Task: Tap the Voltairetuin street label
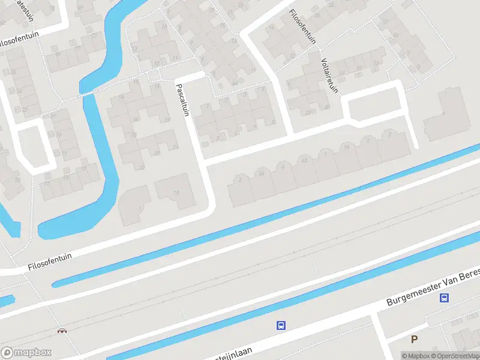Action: click(x=328, y=74)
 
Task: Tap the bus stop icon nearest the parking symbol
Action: click(x=444, y=298)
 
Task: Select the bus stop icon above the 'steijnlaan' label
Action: click(x=280, y=326)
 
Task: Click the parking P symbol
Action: click(x=414, y=340)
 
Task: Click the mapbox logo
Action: click(x=26, y=353)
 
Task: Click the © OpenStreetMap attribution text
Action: click(x=456, y=356)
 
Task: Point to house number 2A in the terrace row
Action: click(x=262, y=173)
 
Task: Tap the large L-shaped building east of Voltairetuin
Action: click(x=447, y=114)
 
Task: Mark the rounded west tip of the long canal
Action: click(x=56, y=283)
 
